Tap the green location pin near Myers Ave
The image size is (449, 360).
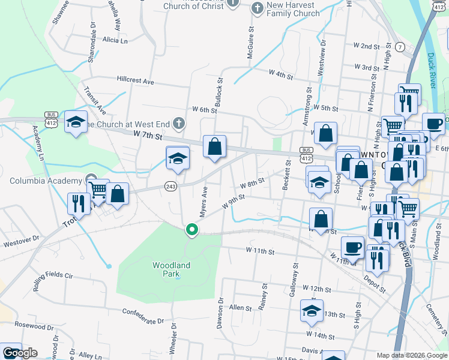(x=191, y=229)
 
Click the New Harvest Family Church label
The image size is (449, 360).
(x=293, y=9)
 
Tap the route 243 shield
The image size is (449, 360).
(x=170, y=187)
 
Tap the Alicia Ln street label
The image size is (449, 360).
(x=115, y=40)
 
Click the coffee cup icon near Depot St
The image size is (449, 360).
(x=353, y=247)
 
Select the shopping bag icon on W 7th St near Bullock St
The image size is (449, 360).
(x=214, y=146)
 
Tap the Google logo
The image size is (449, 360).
(x=20, y=353)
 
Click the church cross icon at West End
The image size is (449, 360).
(x=178, y=124)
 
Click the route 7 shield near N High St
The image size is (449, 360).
(x=400, y=47)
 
